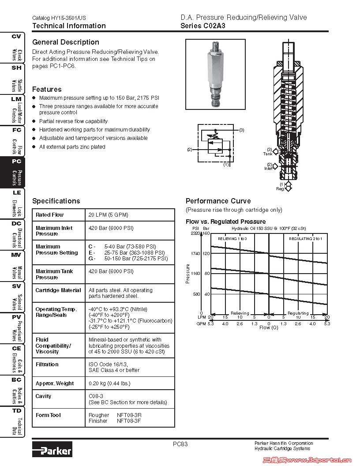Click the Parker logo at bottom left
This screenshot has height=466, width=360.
point(52,450)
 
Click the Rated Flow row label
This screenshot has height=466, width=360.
point(49,215)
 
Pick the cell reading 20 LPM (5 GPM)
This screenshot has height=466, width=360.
point(108,215)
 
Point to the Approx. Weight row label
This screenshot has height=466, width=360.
point(54,383)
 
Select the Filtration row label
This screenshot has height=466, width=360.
point(47,365)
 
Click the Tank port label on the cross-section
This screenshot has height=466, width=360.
point(268,154)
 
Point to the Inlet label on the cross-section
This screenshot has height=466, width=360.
point(269,168)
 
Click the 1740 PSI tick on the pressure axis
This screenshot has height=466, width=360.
point(195,254)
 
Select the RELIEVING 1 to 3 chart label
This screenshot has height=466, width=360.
point(232,238)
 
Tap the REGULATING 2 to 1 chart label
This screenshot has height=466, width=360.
point(305,238)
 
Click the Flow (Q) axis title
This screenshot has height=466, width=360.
point(269,328)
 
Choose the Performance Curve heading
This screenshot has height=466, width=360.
point(218,201)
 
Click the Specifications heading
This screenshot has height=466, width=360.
point(56,201)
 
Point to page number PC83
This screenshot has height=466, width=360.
point(180,444)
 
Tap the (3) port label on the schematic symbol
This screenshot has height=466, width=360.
point(241,130)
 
